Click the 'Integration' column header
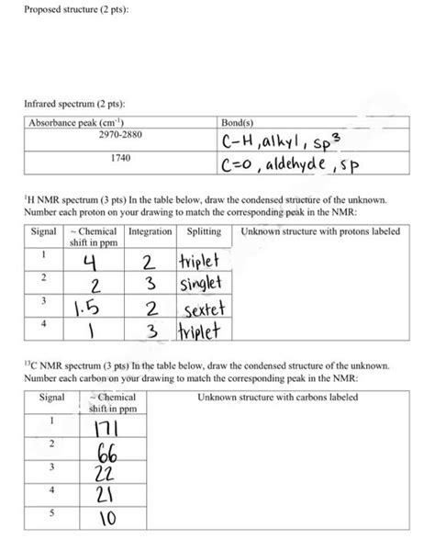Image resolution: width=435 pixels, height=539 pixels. click(151, 231)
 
